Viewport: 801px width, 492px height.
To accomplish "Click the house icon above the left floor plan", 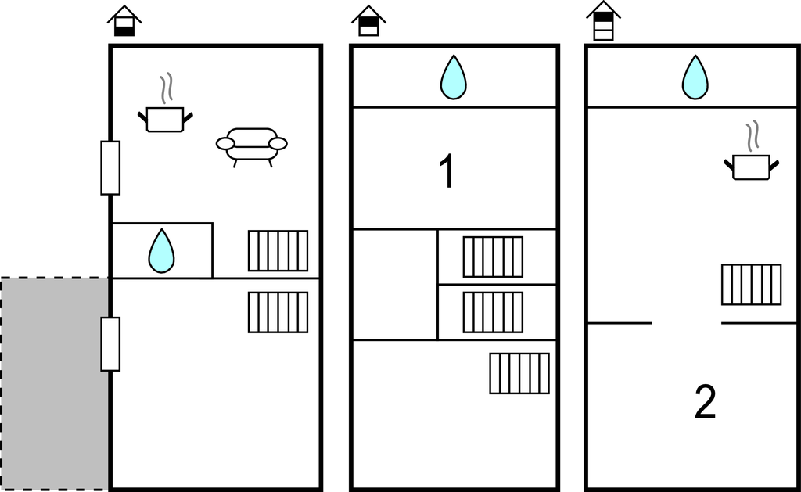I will (x=124, y=21).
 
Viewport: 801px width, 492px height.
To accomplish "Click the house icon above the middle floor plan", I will (x=368, y=21).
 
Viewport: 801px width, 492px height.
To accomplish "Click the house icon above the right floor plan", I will (x=603, y=20).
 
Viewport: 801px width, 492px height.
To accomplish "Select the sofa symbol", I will (x=251, y=145).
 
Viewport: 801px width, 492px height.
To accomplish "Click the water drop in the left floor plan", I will (x=162, y=251).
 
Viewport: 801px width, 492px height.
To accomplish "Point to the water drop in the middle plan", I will (x=453, y=77).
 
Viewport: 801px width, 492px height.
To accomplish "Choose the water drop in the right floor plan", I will (x=694, y=77).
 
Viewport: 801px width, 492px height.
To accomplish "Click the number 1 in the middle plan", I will (x=447, y=172).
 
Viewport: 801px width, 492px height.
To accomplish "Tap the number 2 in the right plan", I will (x=705, y=402).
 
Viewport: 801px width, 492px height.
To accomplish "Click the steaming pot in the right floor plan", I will (x=751, y=160).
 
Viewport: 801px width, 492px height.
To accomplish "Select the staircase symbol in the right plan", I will (x=751, y=284).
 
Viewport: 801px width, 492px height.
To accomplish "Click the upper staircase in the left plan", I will (x=278, y=250).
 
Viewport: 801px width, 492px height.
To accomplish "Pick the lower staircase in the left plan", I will (x=278, y=312).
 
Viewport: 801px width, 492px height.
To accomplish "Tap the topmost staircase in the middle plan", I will (x=493, y=257).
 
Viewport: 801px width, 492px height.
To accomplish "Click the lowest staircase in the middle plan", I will (x=519, y=373).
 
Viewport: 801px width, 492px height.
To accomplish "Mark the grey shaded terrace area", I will (x=54, y=383).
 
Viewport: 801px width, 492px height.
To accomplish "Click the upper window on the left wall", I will (x=110, y=167).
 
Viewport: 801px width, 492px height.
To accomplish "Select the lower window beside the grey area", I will (x=110, y=343).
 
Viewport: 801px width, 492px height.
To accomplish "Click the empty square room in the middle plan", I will (x=394, y=285).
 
